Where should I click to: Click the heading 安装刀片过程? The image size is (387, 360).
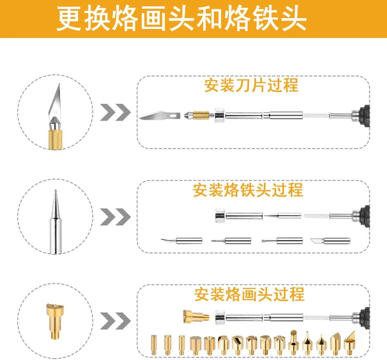click(x=251, y=85)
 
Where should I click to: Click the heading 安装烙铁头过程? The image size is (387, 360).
click(x=248, y=190)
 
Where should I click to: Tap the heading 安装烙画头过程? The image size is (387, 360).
click(x=249, y=294)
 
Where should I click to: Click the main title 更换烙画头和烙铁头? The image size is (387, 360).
click(x=181, y=19)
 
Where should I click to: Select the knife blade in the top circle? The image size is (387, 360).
click(x=55, y=103)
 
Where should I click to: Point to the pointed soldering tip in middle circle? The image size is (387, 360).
click(x=55, y=221)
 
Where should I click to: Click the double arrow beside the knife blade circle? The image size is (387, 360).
click(x=115, y=112)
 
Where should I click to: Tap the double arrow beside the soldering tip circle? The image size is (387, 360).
click(x=115, y=217)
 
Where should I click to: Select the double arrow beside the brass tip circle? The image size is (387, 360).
click(x=115, y=321)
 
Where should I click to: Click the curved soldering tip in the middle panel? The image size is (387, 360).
click(x=181, y=241)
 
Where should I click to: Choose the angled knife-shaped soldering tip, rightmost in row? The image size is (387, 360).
click(x=330, y=241)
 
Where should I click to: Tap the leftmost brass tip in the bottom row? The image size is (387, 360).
click(x=154, y=345)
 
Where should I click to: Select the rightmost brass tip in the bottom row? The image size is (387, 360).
click(x=350, y=343)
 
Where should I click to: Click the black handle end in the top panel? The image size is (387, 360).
click(x=364, y=115)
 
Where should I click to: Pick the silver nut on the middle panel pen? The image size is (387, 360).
click(x=220, y=215)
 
